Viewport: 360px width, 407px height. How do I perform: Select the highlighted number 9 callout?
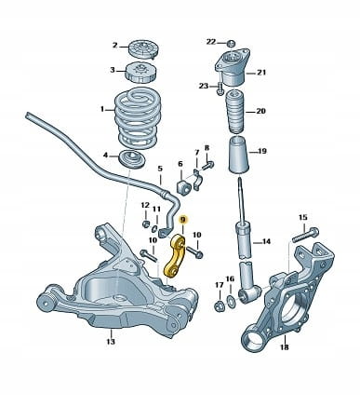183,220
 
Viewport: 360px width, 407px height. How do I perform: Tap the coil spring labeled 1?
138,118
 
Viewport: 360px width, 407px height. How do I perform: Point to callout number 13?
111,342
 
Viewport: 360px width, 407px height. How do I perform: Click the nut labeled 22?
231,43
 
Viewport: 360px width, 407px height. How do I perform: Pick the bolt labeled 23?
220,88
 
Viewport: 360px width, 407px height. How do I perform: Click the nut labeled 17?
219,306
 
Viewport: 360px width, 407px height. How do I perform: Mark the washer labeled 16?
231,300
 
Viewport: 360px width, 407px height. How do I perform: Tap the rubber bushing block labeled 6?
182,184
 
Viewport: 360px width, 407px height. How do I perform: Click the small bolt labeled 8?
208,165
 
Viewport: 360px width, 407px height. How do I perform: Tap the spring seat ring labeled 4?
133,158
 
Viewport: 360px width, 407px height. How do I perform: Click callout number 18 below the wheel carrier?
285,346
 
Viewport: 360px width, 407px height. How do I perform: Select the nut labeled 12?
145,224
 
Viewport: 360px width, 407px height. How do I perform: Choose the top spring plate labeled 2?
143,49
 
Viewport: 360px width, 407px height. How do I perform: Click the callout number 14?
265,241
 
